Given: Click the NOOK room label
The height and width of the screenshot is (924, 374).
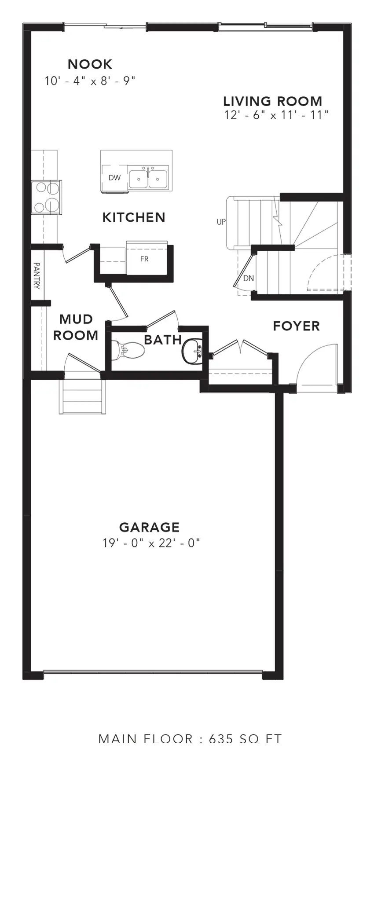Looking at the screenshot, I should [90, 64].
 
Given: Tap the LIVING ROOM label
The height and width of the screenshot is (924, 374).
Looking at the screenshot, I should [272, 101].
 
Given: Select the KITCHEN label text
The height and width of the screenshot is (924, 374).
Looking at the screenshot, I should [134, 217].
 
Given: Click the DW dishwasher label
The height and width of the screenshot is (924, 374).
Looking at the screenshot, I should [114, 178].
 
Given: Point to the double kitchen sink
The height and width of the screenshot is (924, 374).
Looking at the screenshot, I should [148, 178].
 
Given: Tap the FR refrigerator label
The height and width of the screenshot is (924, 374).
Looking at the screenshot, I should [144, 259].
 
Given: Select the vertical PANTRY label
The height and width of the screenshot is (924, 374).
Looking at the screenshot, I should [37, 276].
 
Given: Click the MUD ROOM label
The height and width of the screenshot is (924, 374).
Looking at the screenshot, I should [76, 327].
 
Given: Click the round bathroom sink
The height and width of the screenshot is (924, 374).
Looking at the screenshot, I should [192, 351].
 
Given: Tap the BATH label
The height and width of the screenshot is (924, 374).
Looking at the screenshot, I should [163, 340].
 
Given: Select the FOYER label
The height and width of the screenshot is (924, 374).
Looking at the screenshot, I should [296, 326].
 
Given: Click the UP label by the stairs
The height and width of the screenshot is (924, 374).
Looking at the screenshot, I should [221, 222].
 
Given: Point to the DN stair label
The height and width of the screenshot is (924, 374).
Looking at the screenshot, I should [249, 278].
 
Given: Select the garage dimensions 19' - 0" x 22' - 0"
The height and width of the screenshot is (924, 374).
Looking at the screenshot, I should [151, 543].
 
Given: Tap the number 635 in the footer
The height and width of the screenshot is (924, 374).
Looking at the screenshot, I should [221, 739].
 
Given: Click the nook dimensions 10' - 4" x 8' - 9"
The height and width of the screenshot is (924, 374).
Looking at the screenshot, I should [90, 81].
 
